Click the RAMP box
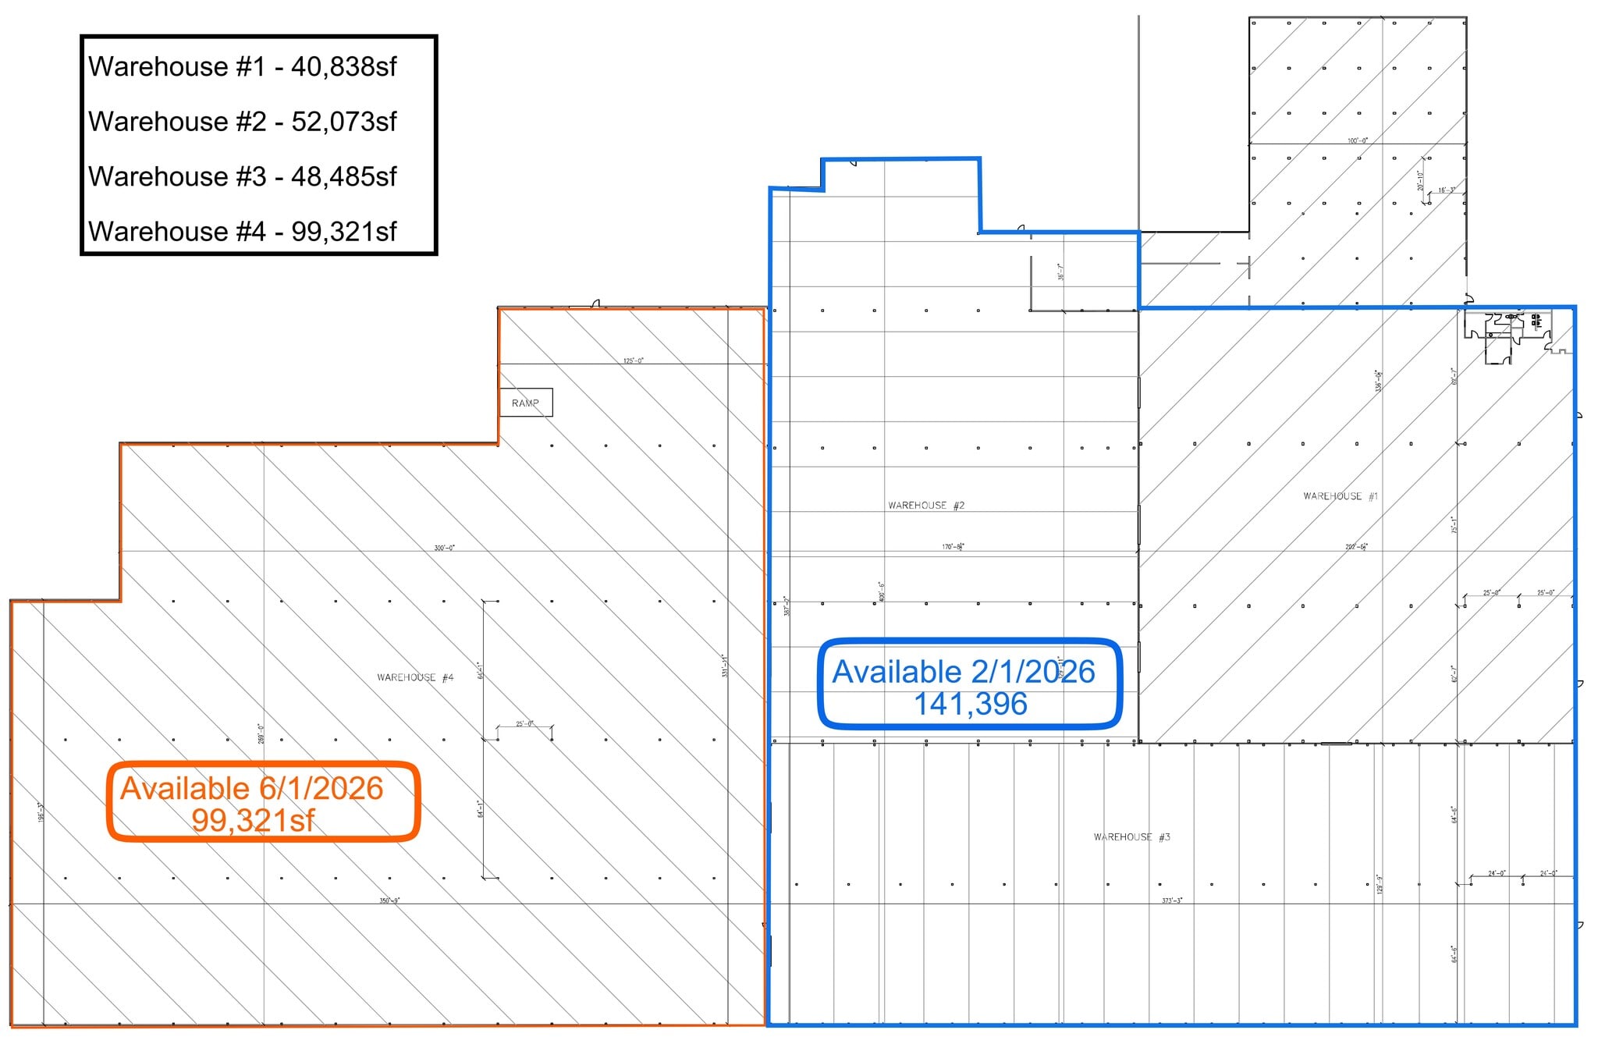[x=526, y=403]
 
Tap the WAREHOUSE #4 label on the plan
[x=415, y=677]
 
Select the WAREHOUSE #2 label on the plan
[x=926, y=506]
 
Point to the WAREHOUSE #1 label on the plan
[x=1341, y=496]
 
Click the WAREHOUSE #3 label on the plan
[x=1131, y=837]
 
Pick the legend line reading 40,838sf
[x=242, y=67]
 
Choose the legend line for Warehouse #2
[x=242, y=122]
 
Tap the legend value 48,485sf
[x=343, y=177]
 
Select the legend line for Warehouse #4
[x=242, y=232]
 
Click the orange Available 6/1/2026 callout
[x=263, y=801]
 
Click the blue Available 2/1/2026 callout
[x=969, y=684]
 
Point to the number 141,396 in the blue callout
[x=970, y=704]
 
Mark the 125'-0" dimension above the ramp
[x=633, y=360]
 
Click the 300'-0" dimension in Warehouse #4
[x=444, y=548]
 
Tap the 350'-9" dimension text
[x=389, y=900]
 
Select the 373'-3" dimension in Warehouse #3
[x=1172, y=900]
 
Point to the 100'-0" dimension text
[x=1357, y=140]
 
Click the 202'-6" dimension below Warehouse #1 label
[x=1356, y=547]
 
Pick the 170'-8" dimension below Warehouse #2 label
[x=953, y=547]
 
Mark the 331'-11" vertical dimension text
[x=725, y=666]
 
